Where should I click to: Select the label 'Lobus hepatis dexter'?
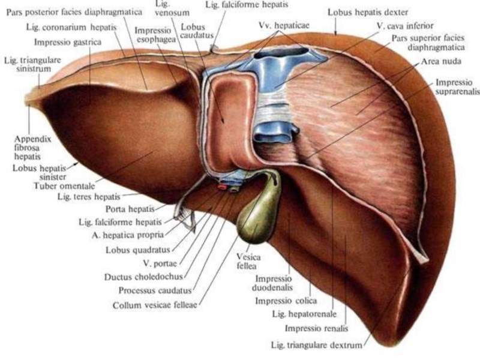coord(368,12)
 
